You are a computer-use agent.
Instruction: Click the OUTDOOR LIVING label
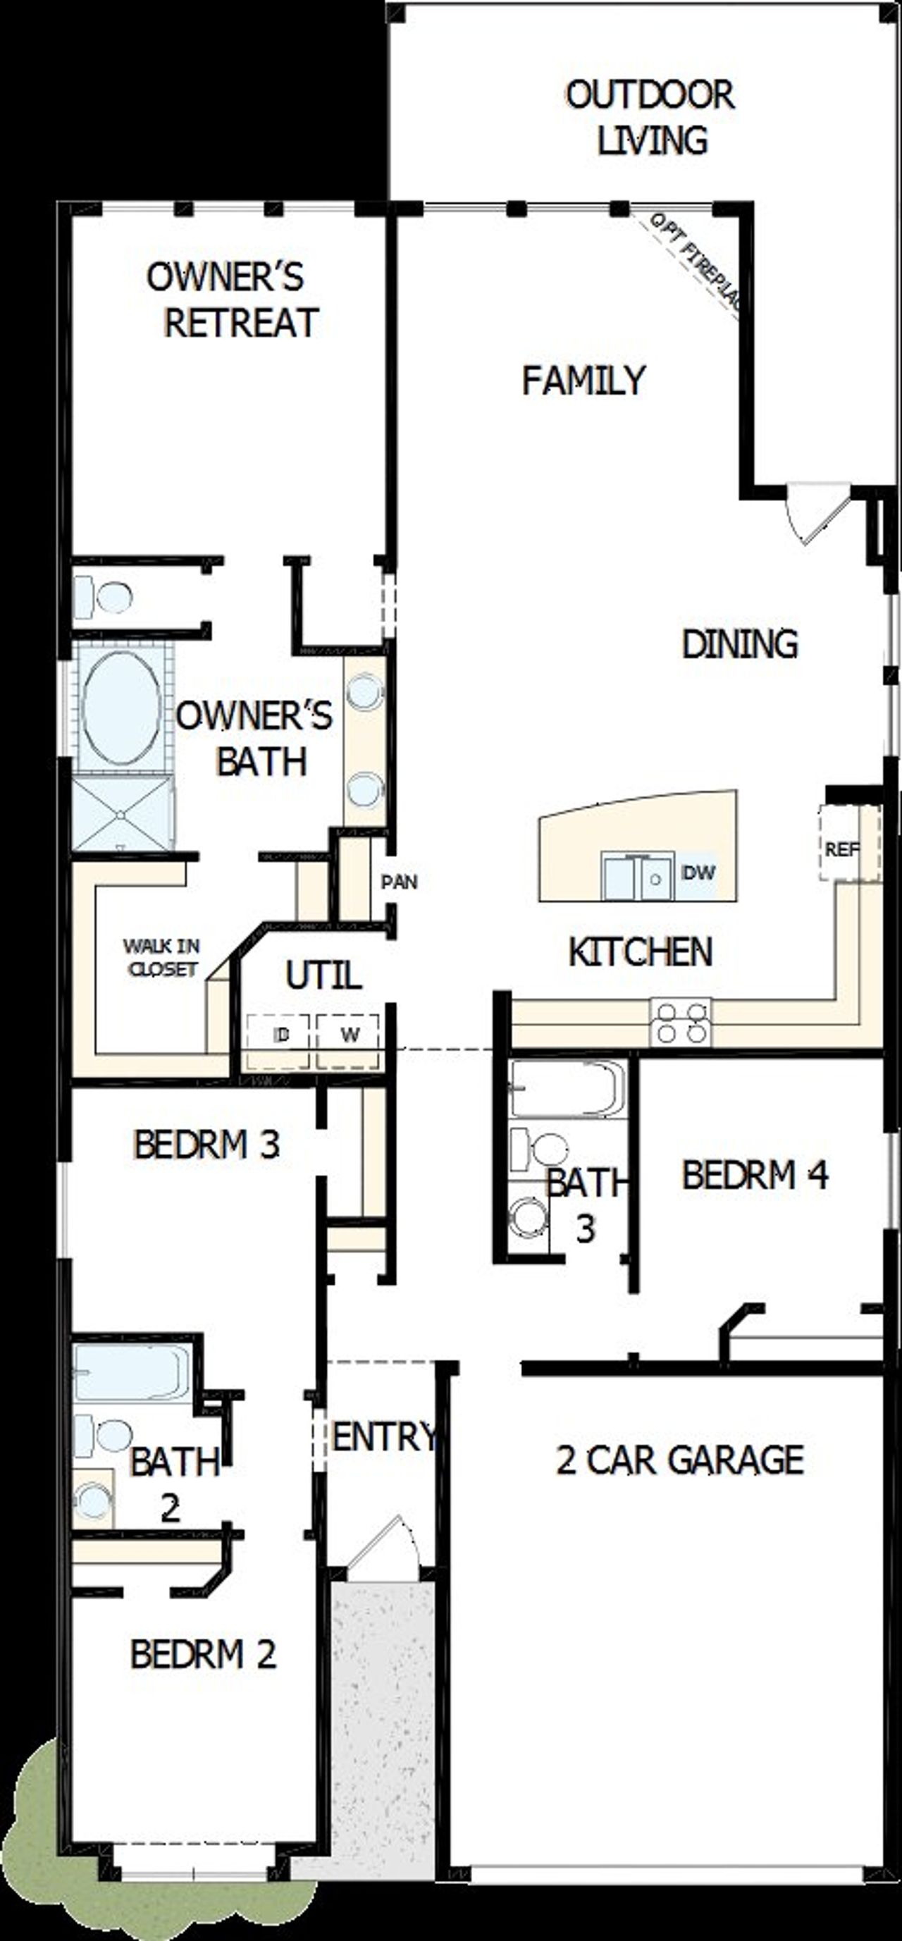650,118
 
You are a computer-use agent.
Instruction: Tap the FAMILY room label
584,380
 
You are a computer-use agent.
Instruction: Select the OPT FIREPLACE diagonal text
695,264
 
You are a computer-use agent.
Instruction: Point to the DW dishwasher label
698,873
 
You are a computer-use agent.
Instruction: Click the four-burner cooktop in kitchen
681,1023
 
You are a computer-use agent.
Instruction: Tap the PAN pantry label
400,882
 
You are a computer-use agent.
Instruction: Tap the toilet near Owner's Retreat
106,598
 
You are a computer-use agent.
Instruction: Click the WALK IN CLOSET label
161,957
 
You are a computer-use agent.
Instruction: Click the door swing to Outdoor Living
815,512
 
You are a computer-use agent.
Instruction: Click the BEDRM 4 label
754,1175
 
